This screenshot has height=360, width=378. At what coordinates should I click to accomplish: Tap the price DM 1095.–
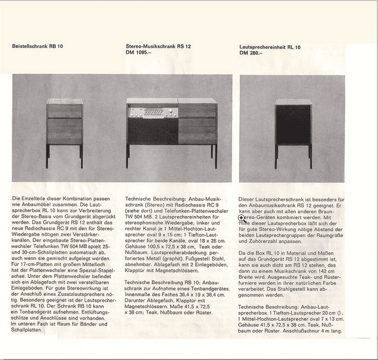point(139,53)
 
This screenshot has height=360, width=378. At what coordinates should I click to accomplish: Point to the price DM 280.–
point(251,53)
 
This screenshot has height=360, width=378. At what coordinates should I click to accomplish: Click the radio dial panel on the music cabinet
point(152,112)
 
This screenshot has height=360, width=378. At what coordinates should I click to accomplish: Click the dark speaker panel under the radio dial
point(152,132)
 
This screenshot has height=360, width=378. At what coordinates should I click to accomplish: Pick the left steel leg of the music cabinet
point(128,156)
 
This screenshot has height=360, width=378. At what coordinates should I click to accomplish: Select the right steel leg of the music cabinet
point(214,156)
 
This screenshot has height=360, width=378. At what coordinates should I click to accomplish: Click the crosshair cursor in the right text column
point(242,218)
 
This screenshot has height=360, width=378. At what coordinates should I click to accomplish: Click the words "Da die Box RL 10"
point(258,253)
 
